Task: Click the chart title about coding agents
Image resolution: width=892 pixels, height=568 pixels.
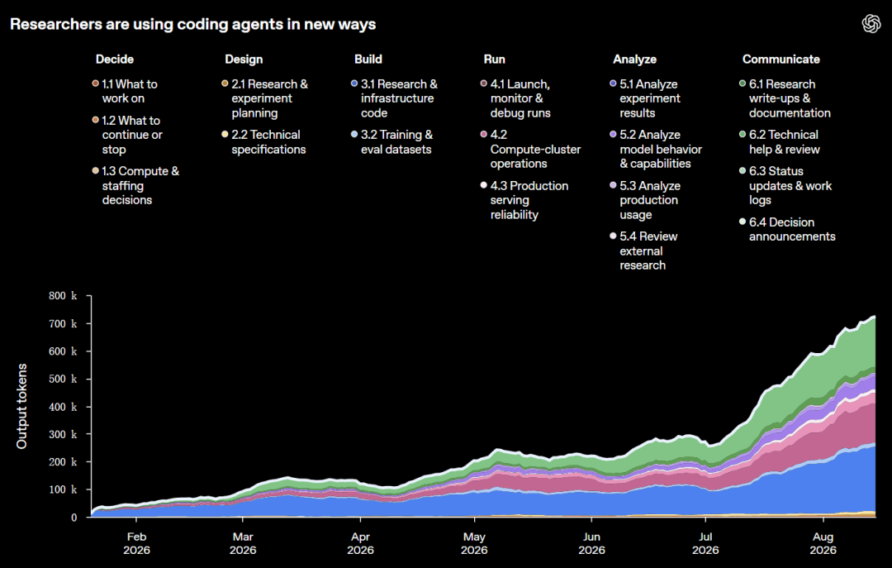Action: click(x=192, y=24)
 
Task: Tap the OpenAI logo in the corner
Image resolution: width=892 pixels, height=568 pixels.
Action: click(x=871, y=23)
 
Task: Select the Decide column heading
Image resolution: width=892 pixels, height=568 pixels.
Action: click(x=114, y=60)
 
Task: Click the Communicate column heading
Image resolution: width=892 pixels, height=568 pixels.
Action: click(x=780, y=60)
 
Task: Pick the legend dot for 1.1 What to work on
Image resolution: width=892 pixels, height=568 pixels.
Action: click(x=96, y=84)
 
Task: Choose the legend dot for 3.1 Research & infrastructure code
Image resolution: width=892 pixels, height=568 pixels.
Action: click(x=354, y=84)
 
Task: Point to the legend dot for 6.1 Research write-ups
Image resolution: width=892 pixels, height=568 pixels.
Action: click(x=743, y=84)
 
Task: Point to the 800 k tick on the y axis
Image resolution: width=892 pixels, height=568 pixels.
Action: click(x=63, y=296)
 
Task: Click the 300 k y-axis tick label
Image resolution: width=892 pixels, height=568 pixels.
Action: click(x=63, y=434)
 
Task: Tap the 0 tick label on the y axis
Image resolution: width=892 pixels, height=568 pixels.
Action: click(x=74, y=518)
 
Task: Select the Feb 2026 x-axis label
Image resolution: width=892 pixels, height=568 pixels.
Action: click(x=136, y=543)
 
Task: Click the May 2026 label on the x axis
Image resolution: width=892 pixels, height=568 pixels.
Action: click(x=474, y=543)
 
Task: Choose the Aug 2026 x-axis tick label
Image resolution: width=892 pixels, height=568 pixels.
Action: click(x=823, y=543)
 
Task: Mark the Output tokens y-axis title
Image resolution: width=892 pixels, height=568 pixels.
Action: click(x=21, y=406)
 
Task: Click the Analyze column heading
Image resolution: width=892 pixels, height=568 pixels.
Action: click(x=634, y=60)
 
